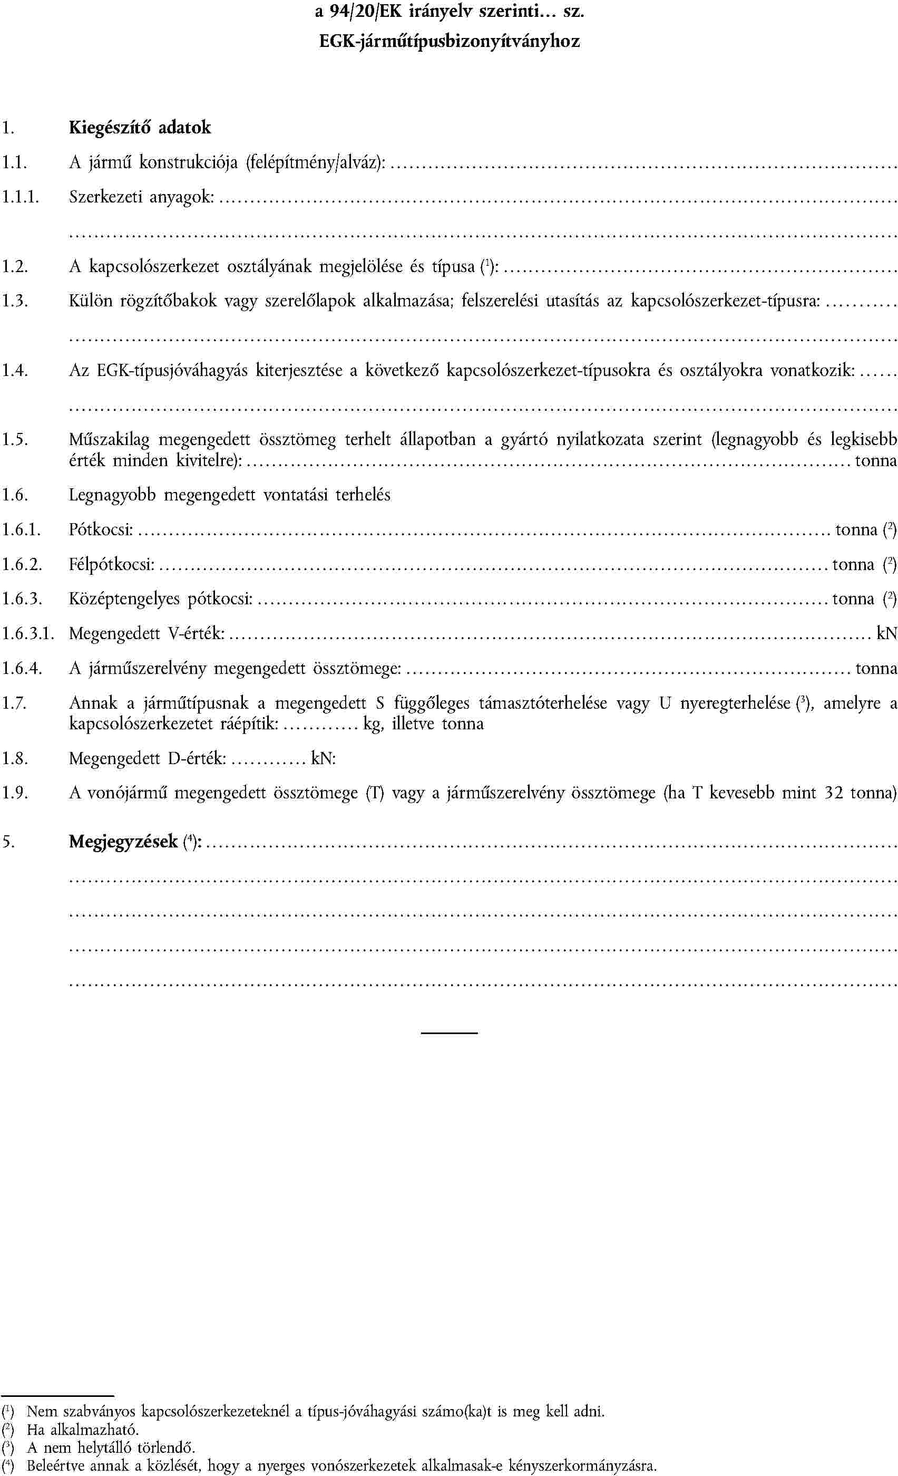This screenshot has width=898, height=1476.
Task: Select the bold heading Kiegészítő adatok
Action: pyautogui.click(x=140, y=128)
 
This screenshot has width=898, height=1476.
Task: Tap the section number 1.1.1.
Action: pyautogui.click(x=21, y=197)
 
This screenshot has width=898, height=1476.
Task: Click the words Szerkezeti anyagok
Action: pyautogui.click(x=142, y=197)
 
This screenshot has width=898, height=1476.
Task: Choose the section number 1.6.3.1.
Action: pyautogui.click(x=27, y=634)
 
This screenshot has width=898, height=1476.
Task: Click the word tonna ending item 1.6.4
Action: pyautogui.click(x=876, y=668)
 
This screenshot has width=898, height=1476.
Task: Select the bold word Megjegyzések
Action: pyautogui.click(x=123, y=842)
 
